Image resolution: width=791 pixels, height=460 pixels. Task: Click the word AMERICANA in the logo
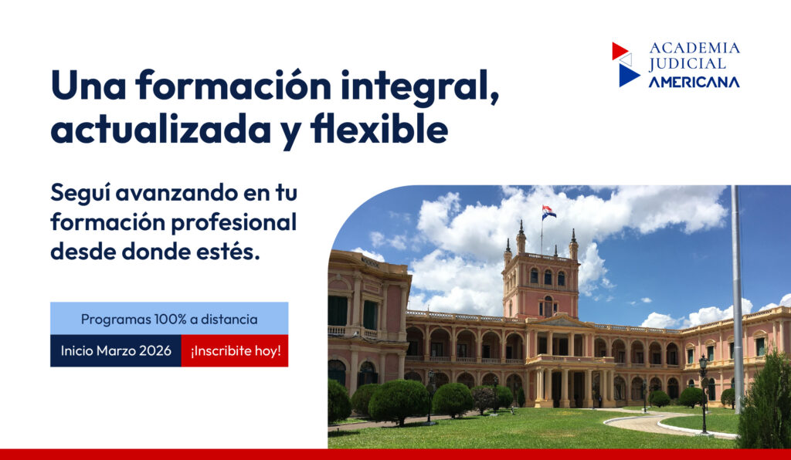tap(694, 82)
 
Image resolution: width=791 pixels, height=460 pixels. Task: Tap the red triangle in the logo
tap(619, 50)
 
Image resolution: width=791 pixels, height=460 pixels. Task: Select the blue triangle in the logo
tap(629, 75)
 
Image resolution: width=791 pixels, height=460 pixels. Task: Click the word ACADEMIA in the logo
tap(694, 49)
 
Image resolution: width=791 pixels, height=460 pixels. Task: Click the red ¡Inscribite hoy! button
tap(235, 350)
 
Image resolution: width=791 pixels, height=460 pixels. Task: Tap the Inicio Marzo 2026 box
tap(116, 350)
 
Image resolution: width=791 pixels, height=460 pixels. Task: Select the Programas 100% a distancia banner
tap(169, 319)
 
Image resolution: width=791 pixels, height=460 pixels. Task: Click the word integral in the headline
tap(419, 87)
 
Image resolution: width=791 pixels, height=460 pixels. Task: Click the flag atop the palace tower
tap(549, 212)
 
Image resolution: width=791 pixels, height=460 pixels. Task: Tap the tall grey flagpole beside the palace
tap(737, 299)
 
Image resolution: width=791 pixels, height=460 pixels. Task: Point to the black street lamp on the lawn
tap(703, 394)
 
